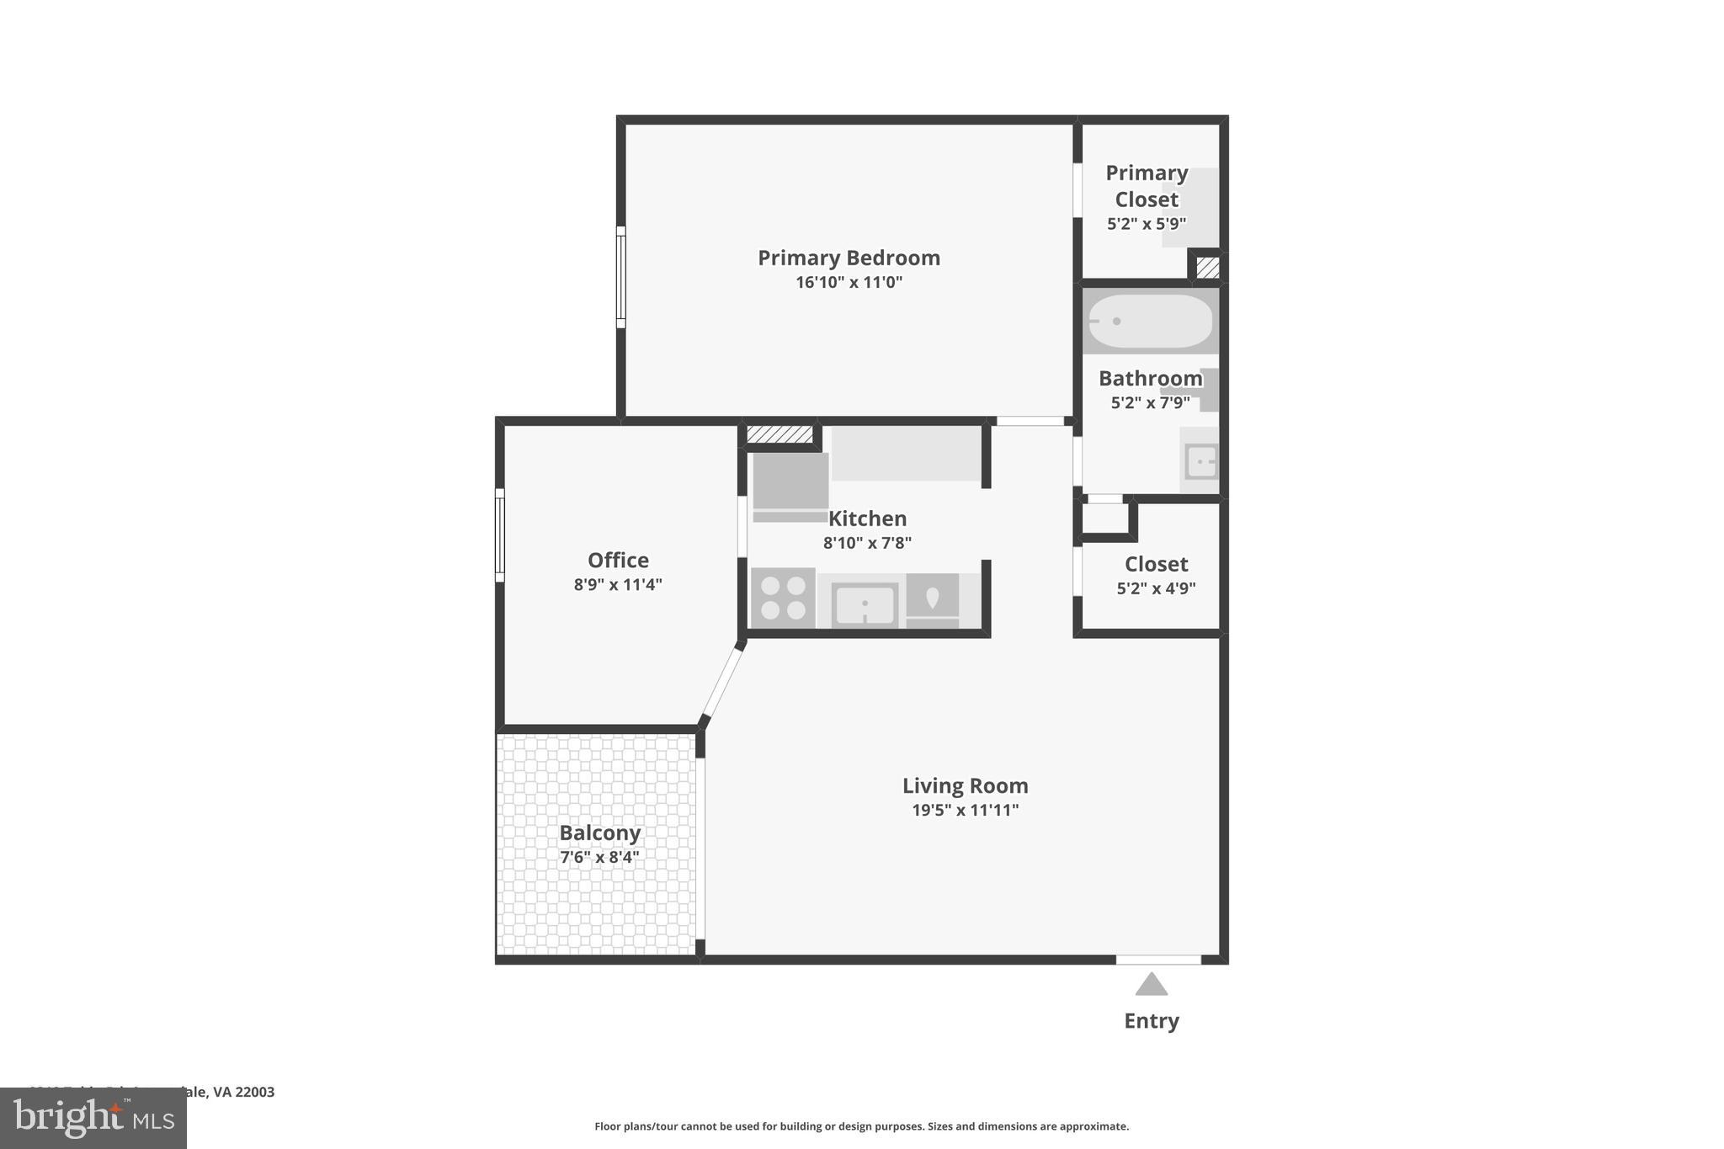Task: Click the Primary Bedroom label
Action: click(849, 258)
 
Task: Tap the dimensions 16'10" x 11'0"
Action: click(849, 282)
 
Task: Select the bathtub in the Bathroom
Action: click(1150, 321)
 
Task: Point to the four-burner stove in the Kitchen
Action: click(783, 598)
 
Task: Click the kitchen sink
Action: click(865, 604)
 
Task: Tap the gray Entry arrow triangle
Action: click(1151, 984)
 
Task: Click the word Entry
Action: click(1151, 1020)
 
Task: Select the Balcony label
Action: click(599, 832)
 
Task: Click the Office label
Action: click(618, 560)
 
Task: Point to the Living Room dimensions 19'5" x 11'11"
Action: click(965, 810)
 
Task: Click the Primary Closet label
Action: click(1147, 186)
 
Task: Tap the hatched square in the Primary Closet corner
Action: click(1207, 267)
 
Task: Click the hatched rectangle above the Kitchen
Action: click(780, 434)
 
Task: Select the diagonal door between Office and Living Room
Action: click(722, 682)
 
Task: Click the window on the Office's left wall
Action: click(499, 535)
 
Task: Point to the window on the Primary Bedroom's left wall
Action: click(620, 277)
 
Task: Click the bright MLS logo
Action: click(93, 1118)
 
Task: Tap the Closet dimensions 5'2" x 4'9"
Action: click(1156, 588)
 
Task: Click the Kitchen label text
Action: click(867, 519)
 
